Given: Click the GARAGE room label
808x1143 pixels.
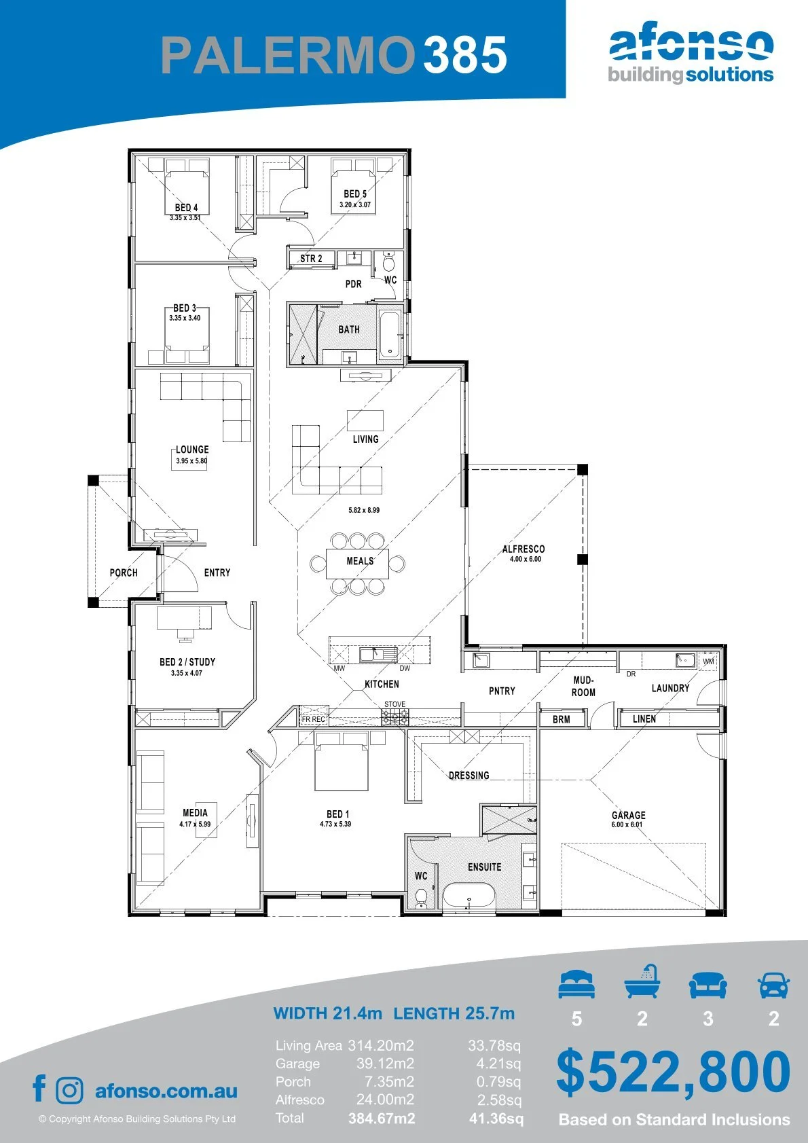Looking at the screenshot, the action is point(629,815).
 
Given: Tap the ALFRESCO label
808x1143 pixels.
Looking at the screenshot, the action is point(524,549).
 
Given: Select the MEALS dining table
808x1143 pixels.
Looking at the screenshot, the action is point(357,563).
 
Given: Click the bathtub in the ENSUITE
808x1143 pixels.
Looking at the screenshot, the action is point(469,896).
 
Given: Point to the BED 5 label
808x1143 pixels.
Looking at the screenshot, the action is point(355,194).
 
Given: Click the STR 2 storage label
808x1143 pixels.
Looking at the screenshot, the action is point(311,259).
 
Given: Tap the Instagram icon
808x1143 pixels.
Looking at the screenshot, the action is point(69,1091).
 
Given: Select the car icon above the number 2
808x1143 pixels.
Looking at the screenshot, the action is point(774,985).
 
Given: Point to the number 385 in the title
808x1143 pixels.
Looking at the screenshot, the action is point(465,54).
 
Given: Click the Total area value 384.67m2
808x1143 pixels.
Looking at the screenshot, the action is point(382,1119).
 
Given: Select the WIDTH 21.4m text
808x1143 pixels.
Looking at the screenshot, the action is point(327,1013).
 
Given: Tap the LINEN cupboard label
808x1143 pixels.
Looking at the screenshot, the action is point(644,719).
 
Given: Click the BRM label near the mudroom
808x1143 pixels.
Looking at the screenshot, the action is point(561,719).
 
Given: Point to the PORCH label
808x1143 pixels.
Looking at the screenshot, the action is point(124,573).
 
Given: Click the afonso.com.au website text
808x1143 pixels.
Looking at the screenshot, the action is point(166,1091).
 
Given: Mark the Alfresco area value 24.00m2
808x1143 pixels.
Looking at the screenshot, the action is point(385,1100).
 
